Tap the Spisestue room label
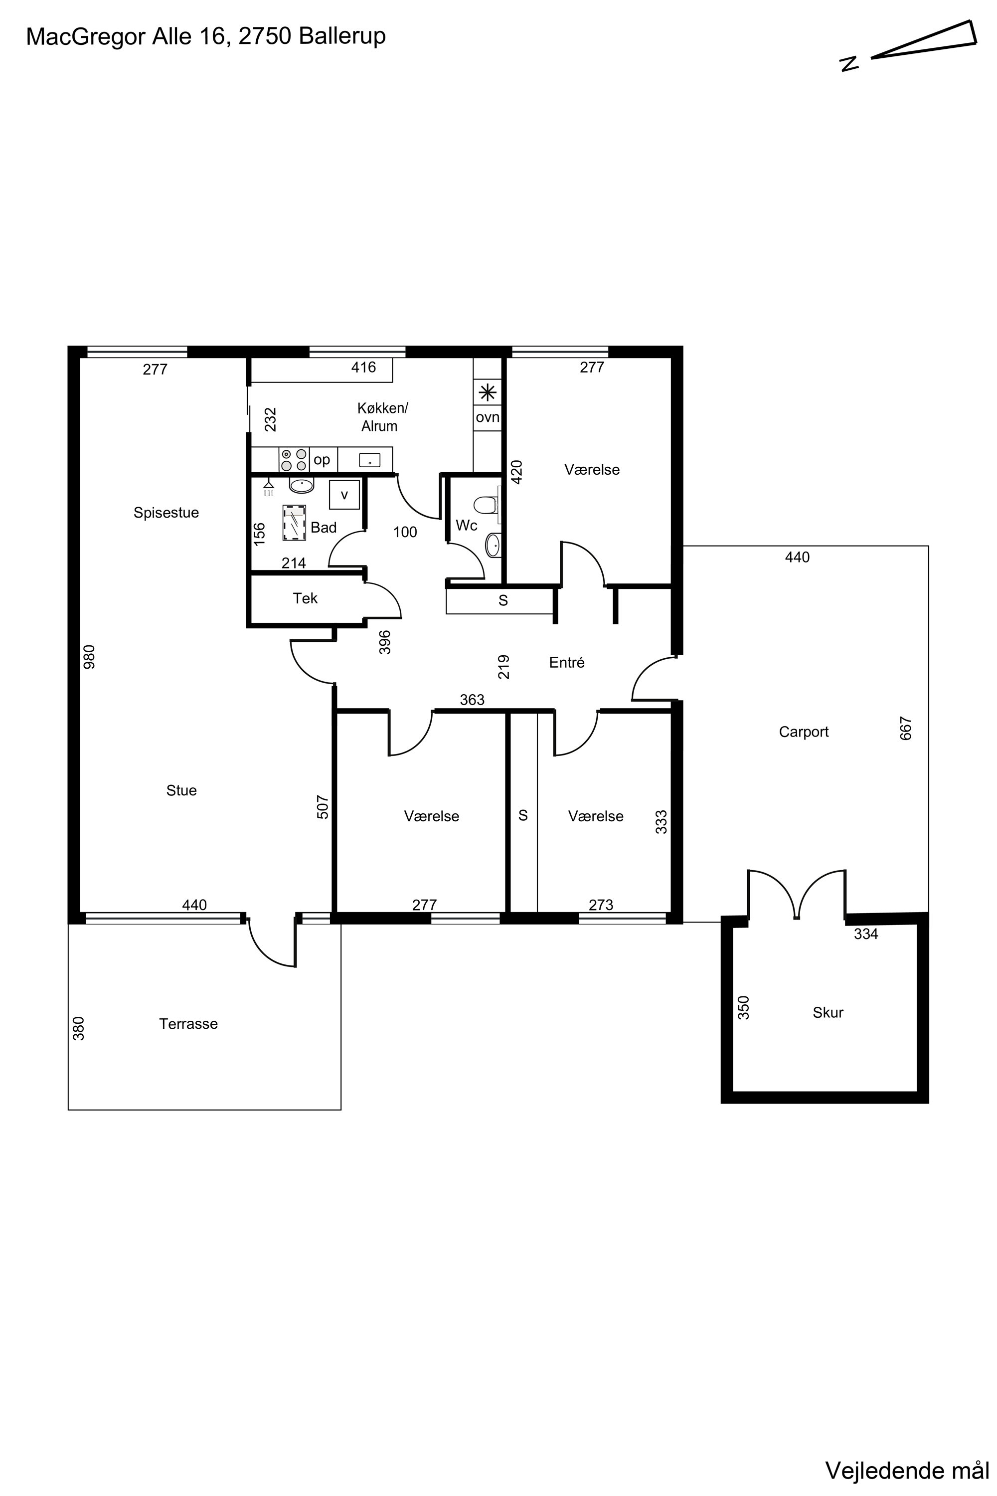(166, 513)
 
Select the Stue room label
(181, 790)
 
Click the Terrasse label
(188, 1024)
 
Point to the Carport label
(804, 732)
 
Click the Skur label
(828, 1013)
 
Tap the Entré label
(566, 663)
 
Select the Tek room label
(305, 598)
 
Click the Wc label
(467, 526)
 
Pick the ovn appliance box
(488, 418)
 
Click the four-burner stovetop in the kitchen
(294, 459)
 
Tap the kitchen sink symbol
(369, 460)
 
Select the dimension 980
(89, 656)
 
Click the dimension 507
(323, 807)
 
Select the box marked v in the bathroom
(344, 495)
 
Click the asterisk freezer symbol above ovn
(488, 392)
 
